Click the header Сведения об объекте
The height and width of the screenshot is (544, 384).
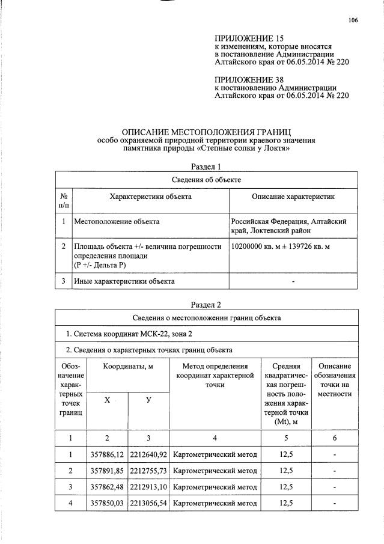(x=206, y=179)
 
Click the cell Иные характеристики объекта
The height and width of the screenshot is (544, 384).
(x=124, y=281)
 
